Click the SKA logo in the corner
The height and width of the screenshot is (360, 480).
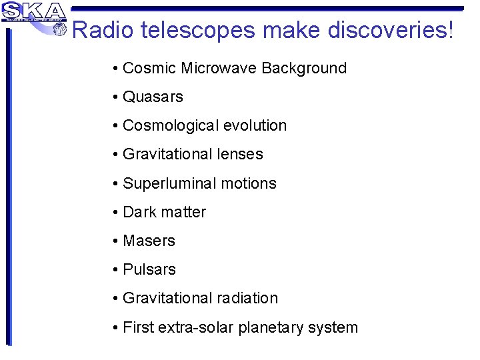click(33, 12)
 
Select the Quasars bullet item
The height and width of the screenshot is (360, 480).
click(153, 97)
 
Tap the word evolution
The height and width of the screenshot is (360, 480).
click(255, 125)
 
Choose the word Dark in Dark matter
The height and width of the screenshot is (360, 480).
click(139, 212)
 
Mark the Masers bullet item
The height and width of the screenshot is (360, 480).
click(149, 241)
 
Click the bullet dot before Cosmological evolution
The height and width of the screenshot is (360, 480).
click(116, 126)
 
